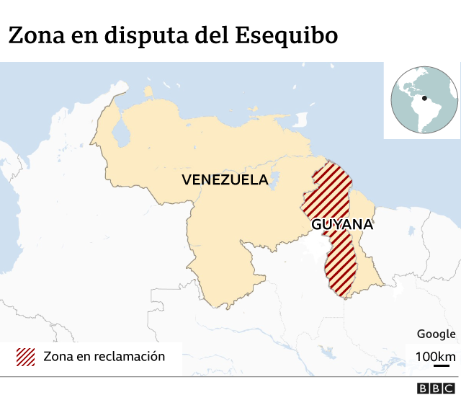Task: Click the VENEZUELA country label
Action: tap(225, 179)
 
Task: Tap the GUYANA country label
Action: tap(342, 224)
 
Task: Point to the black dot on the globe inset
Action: tap(424, 99)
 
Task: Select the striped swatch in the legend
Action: tap(26, 357)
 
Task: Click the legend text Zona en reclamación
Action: tap(104, 357)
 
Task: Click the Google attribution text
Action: tap(436, 334)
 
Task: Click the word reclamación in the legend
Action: tap(130, 357)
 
